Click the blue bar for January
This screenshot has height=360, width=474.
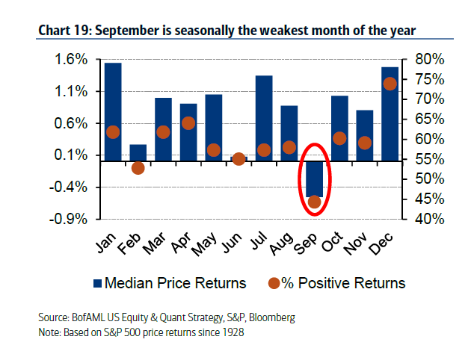pyautogui.click(x=113, y=112)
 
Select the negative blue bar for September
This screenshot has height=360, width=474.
pyautogui.click(x=314, y=179)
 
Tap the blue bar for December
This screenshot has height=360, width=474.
pyautogui.click(x=390, y=114)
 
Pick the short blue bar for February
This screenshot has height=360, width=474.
pyautogui.click(x=138, y=152)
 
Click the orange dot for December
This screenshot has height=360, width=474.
pyautogui.click(x=390, y=84)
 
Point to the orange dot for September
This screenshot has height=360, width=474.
pyautogui.click(x=315, y=202)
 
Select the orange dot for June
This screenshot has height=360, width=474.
pyautogui.click(x=238, y=159)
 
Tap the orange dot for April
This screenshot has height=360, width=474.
pyautogui.click(x=188, y=123)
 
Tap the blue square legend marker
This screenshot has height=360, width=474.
pyautogui.click(x=96, y=283)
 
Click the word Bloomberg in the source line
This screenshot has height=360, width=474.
pyautogui.click(x=271, y=317)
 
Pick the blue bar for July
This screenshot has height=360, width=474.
pyautogui.click(x=263, y=118)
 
